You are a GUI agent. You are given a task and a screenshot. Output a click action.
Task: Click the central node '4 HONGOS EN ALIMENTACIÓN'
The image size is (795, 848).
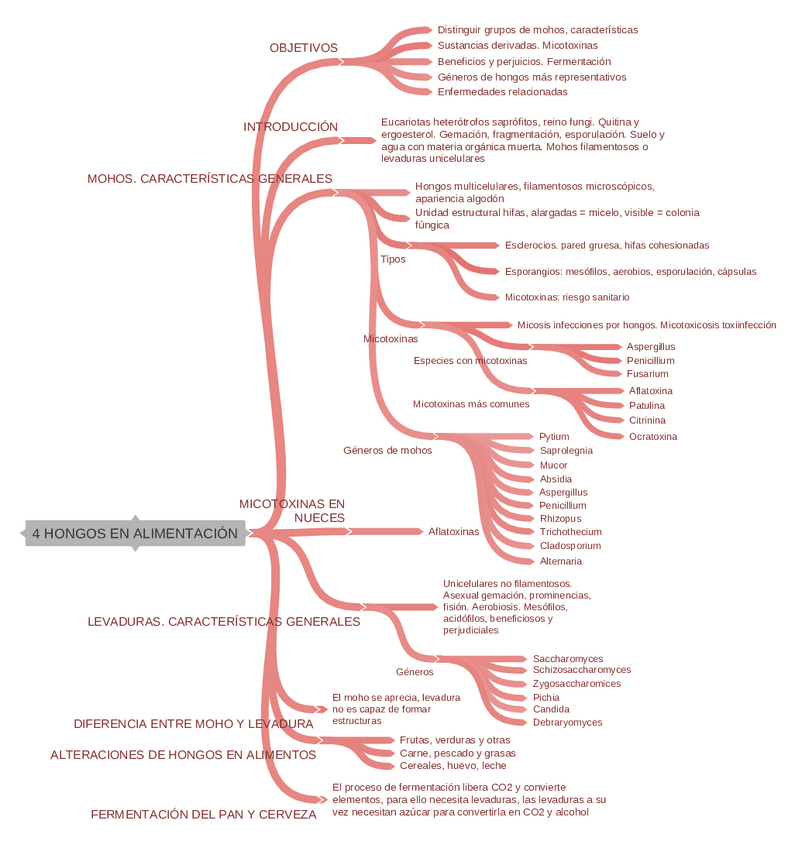(135, 534)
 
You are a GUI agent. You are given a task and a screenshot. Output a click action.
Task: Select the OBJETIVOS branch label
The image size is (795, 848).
(303, 48)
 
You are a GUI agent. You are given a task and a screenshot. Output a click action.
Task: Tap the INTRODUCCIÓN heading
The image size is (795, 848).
(290, 127)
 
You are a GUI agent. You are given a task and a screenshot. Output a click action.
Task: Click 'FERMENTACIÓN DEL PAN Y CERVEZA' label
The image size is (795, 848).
(203, 815)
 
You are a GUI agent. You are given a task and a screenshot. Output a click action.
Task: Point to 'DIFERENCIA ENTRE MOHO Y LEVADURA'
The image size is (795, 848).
(193, 724)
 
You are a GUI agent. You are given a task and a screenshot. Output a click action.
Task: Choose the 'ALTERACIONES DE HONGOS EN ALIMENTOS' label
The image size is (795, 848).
(183, 755)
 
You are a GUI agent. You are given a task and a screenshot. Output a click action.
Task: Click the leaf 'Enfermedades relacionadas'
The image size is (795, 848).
(502, 92)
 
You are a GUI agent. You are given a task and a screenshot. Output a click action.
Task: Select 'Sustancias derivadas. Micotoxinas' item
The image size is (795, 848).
(517, 46)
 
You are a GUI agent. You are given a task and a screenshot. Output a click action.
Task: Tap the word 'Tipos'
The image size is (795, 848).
(393, 259)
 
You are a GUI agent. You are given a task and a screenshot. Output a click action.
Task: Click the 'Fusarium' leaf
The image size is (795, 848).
(647, 374)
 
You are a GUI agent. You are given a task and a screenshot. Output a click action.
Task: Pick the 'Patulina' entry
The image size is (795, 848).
(647, 406)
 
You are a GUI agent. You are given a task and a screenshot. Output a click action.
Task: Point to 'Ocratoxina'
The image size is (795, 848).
(653, 437)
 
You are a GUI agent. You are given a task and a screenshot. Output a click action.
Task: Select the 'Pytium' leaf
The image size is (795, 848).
(554, 437)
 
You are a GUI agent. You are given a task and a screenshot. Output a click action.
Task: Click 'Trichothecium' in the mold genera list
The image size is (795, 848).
(570, 532)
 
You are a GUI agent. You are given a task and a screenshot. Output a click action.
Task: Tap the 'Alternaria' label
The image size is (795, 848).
(560, 561)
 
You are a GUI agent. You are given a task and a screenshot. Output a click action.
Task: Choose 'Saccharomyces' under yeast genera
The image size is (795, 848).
(568, 659)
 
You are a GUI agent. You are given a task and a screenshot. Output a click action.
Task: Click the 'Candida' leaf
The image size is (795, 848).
(551, 709)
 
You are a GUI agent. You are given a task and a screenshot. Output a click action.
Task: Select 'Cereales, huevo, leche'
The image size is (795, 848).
(452, 766)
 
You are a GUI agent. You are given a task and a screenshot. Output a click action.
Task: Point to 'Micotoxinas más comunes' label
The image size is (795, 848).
(471, 404)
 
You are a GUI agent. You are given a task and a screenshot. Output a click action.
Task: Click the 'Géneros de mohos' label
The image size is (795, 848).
(387, 450)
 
